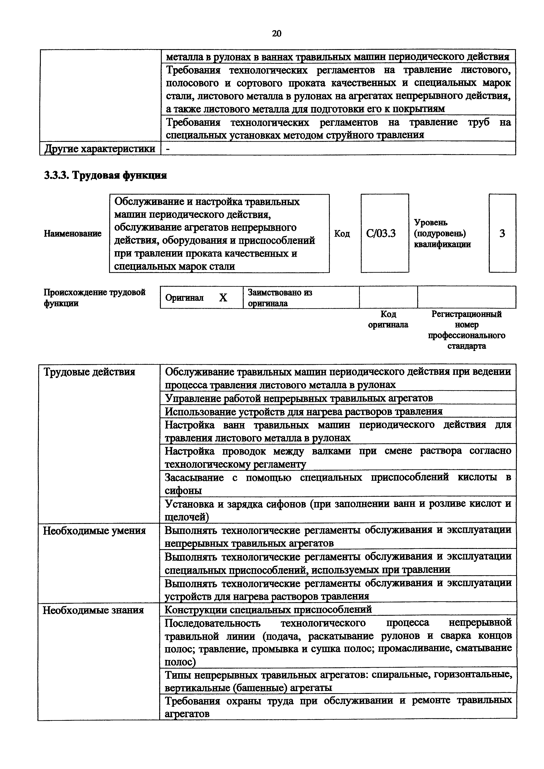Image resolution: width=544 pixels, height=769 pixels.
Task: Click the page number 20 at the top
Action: (276, 34)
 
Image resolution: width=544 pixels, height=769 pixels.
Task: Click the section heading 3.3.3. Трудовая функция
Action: (105, 175)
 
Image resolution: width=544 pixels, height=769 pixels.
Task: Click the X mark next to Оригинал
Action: (223, 297)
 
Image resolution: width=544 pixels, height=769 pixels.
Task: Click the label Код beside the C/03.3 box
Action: (342, 233)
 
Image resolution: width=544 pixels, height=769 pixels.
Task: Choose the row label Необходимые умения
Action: (95, 531)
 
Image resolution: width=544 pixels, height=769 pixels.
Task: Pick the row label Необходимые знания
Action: (93, 610)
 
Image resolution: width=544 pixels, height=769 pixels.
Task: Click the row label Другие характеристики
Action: (100, 148)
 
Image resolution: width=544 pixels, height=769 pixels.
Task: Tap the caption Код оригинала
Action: (388, 319)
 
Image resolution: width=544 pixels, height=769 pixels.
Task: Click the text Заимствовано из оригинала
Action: (280, 297)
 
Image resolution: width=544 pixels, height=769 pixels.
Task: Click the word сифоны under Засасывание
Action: (183, 491)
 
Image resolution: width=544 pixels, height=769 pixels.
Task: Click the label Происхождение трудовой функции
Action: (95, 297)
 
